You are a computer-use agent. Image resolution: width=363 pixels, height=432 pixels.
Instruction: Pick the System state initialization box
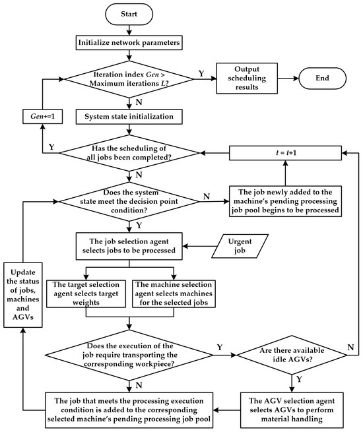click(x=129, y=117)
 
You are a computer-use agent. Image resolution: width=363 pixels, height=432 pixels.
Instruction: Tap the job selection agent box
click(x=129, y=246)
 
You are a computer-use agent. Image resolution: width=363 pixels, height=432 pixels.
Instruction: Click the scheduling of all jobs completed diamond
click(x=129, y=153)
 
